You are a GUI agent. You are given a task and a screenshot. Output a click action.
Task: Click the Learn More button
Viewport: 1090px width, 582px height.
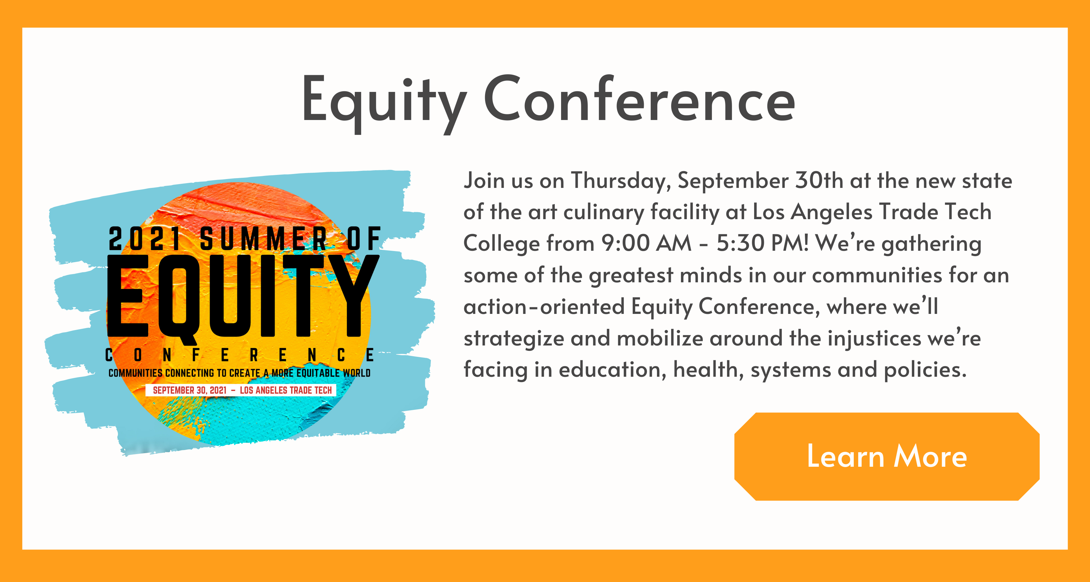[x=887, y=456]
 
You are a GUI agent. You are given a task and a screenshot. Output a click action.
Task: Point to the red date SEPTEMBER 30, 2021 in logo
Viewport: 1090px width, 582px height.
[x=190, y=390]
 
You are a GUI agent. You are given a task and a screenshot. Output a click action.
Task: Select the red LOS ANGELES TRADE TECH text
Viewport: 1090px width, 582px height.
[x=286, y=390]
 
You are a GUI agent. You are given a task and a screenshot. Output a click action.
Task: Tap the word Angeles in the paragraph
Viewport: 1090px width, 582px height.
[x=831, y=213]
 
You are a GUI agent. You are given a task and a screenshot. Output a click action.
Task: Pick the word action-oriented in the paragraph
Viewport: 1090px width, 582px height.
[x=544, y=307]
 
